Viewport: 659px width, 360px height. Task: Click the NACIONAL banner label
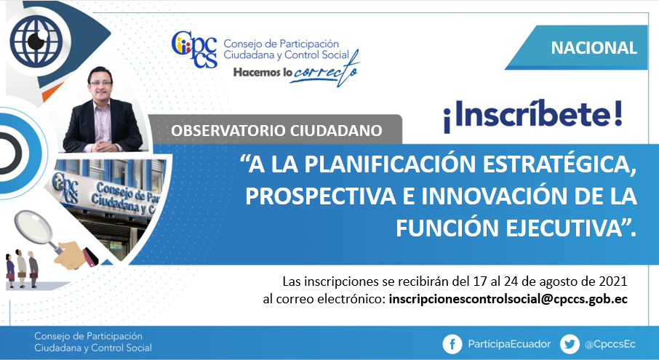click(594, 48)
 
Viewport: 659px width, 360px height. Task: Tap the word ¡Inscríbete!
click(532, 115)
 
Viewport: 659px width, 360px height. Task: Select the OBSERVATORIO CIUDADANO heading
click(276, 131)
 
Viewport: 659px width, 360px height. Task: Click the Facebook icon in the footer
click(452, 345)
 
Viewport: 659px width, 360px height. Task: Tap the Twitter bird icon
click(570, 345)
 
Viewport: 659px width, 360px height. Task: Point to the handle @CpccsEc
click(610, 345)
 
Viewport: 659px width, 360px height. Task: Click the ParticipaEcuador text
click(509, 345)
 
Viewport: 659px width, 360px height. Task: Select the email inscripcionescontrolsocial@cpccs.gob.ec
click(508, 299)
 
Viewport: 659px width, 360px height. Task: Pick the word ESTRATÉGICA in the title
click(559, 164)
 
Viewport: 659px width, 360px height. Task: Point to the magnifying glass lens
click(33, 227)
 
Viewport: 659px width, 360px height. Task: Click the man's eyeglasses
click(100, 83)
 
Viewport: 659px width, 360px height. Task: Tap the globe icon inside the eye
click(36, 41)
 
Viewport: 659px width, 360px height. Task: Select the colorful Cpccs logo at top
click(194, 49)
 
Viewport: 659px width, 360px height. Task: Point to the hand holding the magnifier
click(76, 255)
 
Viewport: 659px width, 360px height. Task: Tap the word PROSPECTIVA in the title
click(321, 196)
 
